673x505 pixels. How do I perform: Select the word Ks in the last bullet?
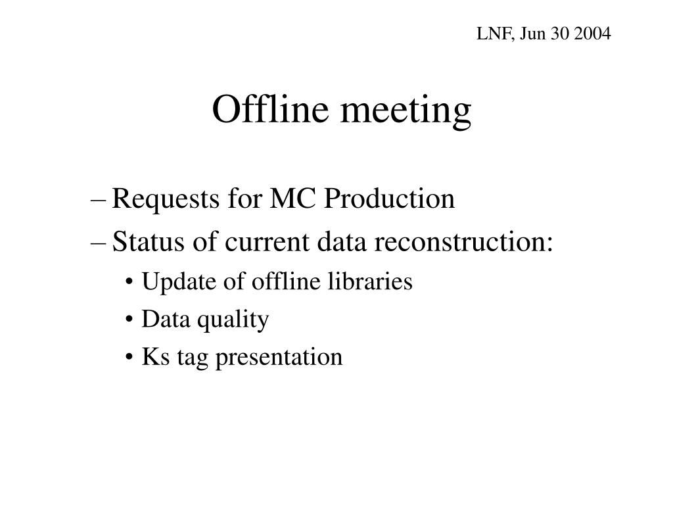point(151,357)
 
